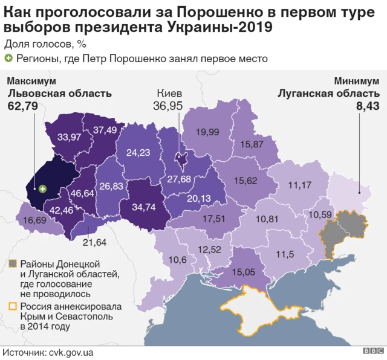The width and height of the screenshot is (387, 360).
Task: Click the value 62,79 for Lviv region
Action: tap(22, 106)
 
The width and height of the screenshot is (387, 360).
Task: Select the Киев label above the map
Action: tap(169, 94)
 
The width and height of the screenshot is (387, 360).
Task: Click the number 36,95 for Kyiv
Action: tap(169, 106)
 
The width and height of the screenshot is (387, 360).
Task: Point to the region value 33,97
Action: tap(70, 137)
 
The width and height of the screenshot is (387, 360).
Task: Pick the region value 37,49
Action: tap(104, 129)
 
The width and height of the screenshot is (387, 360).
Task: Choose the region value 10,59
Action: tap(321, 214)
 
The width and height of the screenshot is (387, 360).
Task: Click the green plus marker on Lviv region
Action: tap(42, 189)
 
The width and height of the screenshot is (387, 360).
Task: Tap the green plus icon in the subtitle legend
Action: tap(8, 59)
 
